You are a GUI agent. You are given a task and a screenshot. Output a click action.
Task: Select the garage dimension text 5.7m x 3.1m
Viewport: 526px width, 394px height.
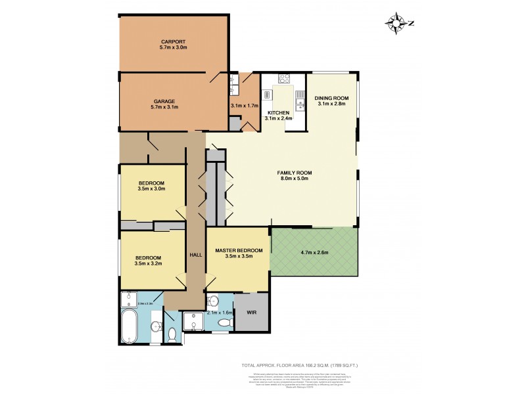164,106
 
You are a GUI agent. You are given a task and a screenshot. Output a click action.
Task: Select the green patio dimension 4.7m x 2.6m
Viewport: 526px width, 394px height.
314,252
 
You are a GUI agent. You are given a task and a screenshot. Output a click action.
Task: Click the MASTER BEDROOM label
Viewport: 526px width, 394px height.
239,250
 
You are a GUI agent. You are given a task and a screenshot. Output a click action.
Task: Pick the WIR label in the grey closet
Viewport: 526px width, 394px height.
251,313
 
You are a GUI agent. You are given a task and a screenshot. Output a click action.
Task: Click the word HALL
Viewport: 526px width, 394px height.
195,254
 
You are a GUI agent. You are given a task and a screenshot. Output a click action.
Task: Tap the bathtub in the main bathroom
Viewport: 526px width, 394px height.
130,328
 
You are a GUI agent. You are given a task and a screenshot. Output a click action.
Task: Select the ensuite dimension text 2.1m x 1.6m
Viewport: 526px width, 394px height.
220,313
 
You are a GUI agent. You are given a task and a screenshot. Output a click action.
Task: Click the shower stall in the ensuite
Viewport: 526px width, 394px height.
195,320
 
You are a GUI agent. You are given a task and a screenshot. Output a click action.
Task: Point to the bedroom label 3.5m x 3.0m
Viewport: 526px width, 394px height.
151,188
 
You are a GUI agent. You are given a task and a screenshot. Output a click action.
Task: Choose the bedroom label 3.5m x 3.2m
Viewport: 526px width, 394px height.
149,263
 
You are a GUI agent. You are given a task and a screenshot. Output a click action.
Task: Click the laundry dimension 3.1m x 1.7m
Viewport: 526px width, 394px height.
244,106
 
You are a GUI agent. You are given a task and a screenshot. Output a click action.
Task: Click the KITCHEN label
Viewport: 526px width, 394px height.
277,113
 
